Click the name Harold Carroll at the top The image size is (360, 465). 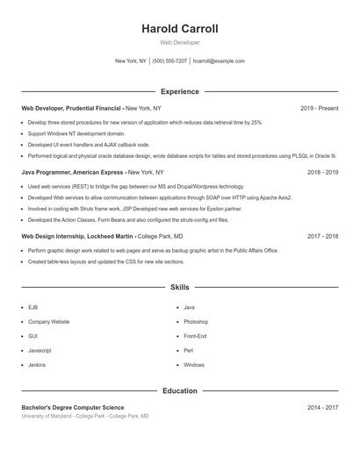point(179,28)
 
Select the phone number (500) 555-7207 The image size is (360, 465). point(169,61)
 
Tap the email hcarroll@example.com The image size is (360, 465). point(219,61)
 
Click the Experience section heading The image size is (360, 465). point(179,91)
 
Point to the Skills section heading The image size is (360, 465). point(179,287)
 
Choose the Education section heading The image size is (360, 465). point(179,390)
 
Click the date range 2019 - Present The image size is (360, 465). point(319,108)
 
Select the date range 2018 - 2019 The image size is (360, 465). point(322,172)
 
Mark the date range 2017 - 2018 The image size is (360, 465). point(322,236)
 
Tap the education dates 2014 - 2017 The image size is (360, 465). point(322,408)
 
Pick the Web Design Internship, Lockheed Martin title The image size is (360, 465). point(77,236)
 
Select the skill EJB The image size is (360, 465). point(32,308)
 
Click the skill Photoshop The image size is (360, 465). point(195,322)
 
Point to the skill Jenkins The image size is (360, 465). point(37,364)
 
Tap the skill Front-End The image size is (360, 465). point(195,336)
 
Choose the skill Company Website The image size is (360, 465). point(48,322)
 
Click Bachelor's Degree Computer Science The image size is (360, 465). point(72,408)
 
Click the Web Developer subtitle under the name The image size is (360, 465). point(179,42)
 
